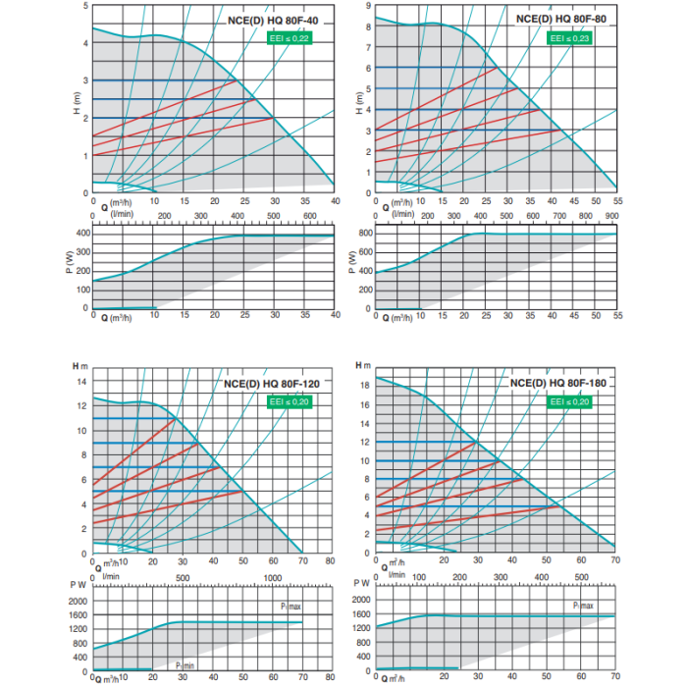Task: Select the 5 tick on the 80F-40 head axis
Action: pyautogui.click(x=85, y=6)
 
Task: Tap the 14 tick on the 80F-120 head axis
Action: pyautogui.click(x=82, y=381)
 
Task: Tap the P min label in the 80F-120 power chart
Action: pyautogui.click(x=184, y=664)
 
